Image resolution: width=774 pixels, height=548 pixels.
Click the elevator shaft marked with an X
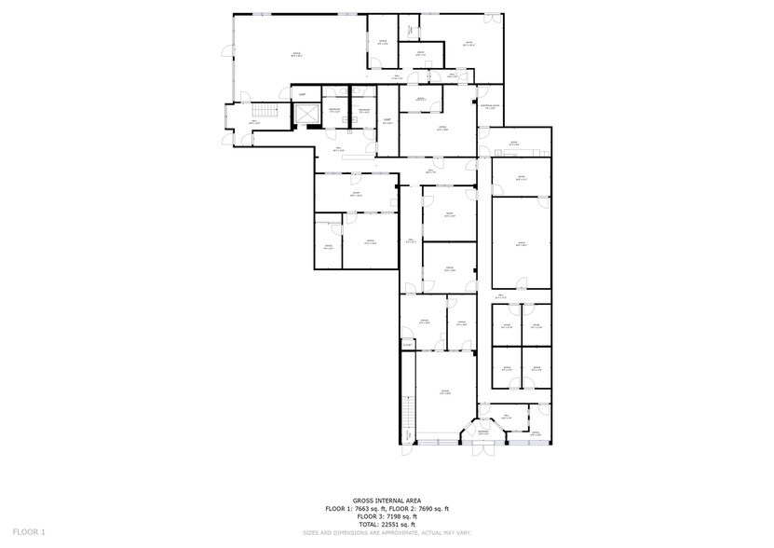coord(306,114)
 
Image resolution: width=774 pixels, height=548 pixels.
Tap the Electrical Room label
coord(489,107)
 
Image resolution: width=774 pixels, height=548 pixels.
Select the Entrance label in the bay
coord(483,432)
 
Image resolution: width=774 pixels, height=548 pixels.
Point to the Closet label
coord(407,344)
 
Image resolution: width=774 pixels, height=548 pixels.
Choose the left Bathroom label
coord(334,111)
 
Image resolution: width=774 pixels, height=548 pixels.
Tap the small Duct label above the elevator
coord(302,94)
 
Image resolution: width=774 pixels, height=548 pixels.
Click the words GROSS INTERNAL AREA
coord(387,500)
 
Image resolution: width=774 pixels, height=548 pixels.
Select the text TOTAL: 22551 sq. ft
coord(387,525)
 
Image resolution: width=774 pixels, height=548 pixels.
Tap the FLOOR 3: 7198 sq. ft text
coord(387,516)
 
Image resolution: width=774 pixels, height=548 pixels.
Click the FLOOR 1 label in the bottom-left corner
coord(29,532)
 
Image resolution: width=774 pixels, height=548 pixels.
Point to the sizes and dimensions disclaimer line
coord(387,532)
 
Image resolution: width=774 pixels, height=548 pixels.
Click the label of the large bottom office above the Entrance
coord(444,392)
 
